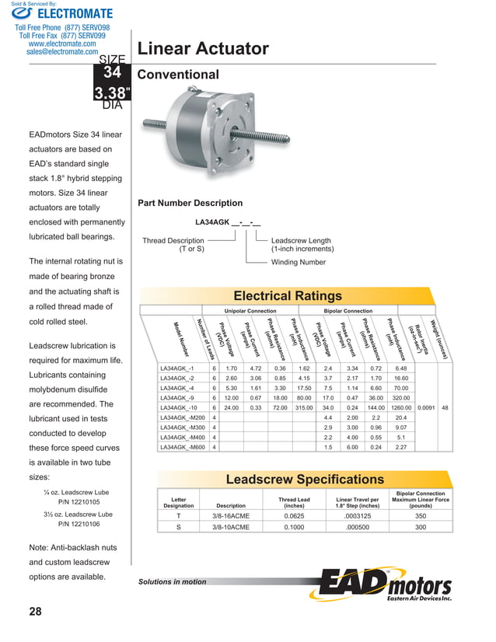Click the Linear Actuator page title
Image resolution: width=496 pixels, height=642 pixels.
203,50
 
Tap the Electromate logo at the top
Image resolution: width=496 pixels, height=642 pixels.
62,13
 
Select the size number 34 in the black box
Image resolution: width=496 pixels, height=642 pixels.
113,73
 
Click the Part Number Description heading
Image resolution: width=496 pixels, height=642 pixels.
190,203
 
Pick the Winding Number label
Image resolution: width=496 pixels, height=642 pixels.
298,263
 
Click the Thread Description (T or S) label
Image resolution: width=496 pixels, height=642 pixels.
173,245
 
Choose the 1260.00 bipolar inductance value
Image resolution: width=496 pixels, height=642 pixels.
401,406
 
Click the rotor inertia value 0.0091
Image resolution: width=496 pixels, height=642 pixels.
426,406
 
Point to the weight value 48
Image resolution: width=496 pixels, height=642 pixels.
445,406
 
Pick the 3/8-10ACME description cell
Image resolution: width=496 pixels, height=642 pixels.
230,527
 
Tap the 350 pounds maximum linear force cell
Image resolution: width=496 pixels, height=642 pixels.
420,515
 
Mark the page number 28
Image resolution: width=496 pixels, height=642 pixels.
35,612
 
